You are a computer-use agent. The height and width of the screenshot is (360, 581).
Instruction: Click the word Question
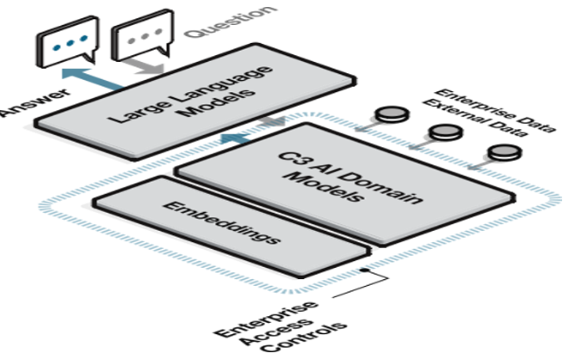225,22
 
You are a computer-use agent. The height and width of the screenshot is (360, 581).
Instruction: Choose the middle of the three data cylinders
444,131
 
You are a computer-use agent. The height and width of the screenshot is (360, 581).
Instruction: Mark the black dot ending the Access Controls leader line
365,271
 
